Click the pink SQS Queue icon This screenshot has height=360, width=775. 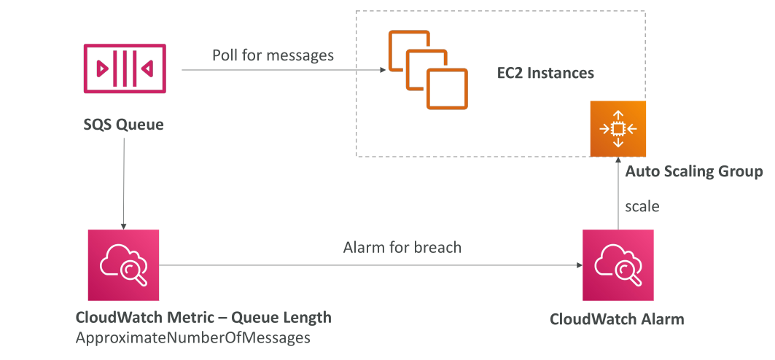pos(125,69)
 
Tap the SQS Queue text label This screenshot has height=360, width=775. pos(123,125)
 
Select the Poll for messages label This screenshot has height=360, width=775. pos(273,55)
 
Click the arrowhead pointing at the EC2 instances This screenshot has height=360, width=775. pos(382,70)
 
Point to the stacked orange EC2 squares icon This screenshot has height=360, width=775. pos(428,69)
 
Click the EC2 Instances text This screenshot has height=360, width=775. pos(545,73)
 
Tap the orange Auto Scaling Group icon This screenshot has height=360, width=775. pos(618,129)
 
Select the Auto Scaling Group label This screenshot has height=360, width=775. pos(694,172)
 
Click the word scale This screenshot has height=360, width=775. pos(642,206)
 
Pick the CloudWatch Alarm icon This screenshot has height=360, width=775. pos(618,265)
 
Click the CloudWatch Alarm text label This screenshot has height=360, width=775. pos(617,319)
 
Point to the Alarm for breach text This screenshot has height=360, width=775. pos(402,247)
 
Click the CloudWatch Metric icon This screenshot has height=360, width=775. pos(123,265)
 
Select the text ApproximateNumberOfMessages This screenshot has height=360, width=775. pos(192,338)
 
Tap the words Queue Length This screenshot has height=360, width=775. pos(281,318)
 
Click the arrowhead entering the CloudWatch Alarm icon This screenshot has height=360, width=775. pos(580,265)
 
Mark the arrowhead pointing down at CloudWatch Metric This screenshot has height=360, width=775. pos(123,226)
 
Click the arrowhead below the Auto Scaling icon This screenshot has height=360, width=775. pos(618,160)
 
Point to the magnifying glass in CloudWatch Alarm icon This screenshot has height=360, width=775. pos(629,272)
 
